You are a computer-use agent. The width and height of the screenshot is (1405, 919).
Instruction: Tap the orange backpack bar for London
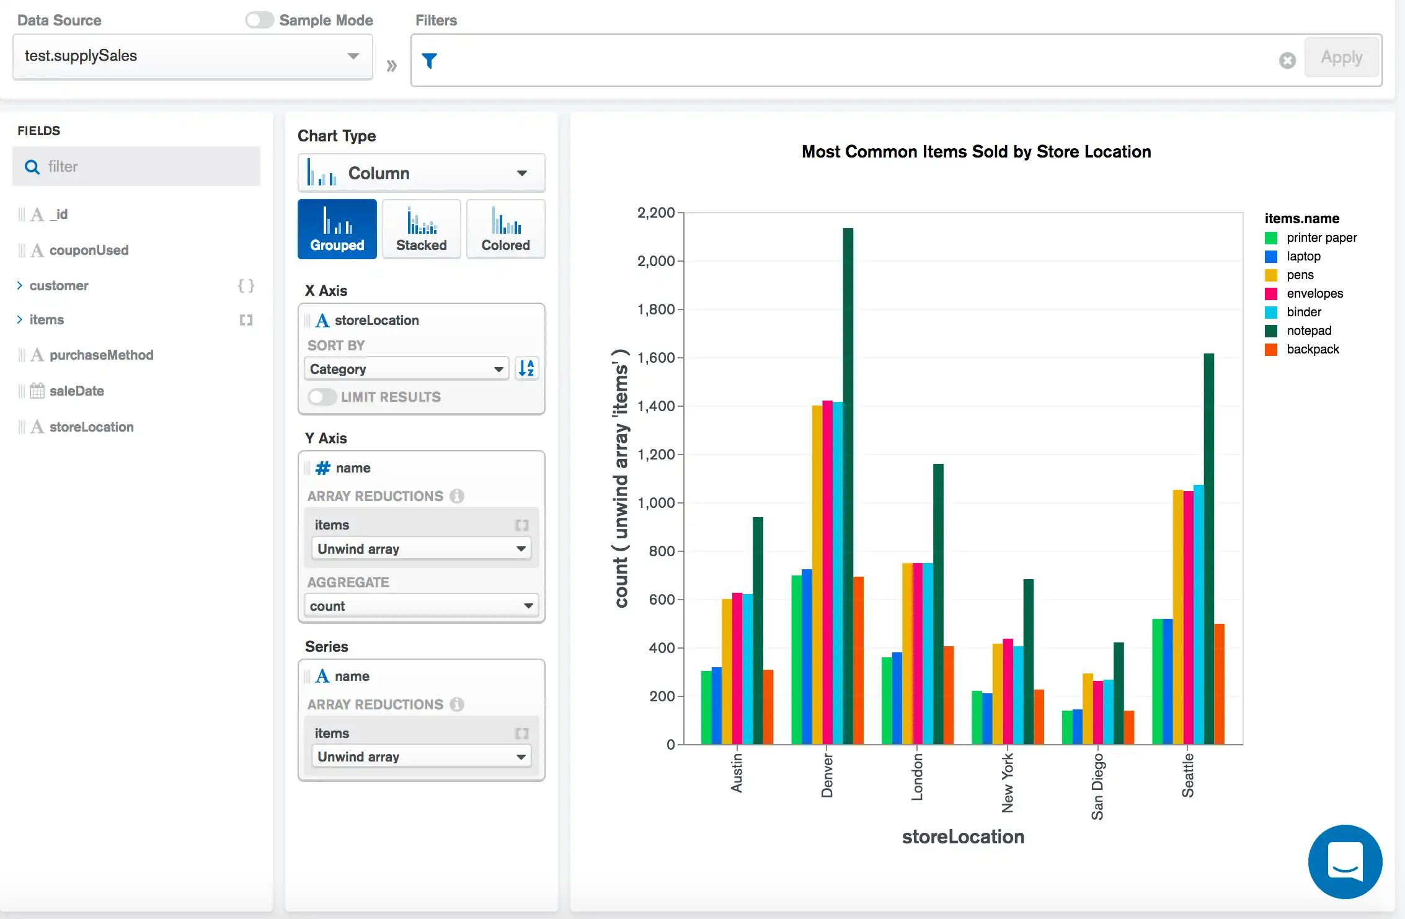(x=949, y=695)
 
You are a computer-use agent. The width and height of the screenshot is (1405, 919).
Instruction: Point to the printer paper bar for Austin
(x=706, y=708)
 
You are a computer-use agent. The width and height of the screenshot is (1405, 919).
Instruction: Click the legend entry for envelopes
(x=1314, y=293)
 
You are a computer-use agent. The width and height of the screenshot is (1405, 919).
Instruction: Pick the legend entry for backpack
(x=1312, y=349)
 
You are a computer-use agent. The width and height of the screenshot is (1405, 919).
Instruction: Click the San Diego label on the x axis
(x=1097, y=786)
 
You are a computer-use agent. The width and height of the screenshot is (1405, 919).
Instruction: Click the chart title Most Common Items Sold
(x=976, y=151)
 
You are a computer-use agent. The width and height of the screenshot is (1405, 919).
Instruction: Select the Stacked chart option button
(x=422, y=229)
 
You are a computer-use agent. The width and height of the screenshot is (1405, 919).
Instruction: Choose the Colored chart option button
(x=506, y=229)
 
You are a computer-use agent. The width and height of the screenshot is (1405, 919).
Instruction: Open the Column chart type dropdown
(x=422, y=173)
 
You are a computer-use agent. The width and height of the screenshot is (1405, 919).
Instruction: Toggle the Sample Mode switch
(x=259, y=20)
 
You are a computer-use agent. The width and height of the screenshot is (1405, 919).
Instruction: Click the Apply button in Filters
(x=1341, y=58)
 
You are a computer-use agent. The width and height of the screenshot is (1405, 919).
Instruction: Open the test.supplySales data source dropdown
(x=192, y=56)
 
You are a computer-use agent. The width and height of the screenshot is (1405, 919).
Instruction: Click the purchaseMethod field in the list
(x=101, y=355)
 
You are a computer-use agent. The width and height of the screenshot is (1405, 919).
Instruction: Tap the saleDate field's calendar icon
(x=37, y=391)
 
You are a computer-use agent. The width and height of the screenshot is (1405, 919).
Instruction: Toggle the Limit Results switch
(x=322, y=397)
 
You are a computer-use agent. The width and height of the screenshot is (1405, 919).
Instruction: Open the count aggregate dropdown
(x=422, y=606)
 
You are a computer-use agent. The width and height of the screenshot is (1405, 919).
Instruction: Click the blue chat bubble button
(x=1345, y=861)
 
